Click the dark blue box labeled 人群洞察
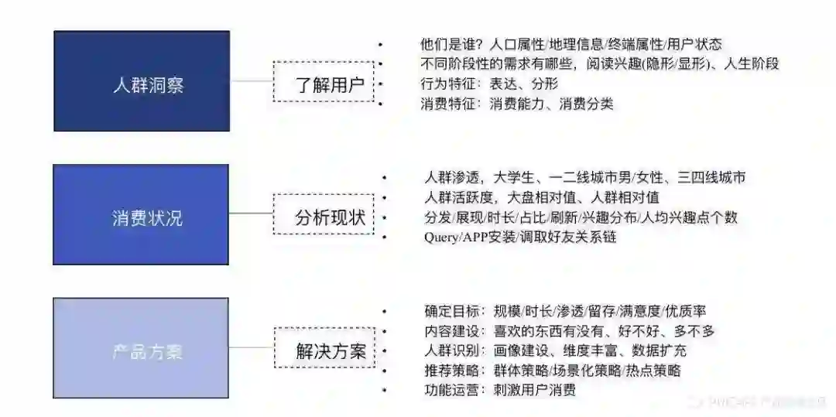coord(142,81)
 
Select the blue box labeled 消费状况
coord(141,214)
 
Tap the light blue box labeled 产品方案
coord(141,348)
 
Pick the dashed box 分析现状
coord(324,214)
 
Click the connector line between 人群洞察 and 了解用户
coord(252,81)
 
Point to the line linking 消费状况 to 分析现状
coord(252,214)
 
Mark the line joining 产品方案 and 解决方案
coord(252,348)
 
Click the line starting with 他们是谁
coord(570,45)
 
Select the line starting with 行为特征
coord(488,84)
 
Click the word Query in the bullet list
coord(441,238)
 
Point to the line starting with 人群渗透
coord(585,178)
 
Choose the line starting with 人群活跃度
coord(542,197)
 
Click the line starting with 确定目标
coord(565,311)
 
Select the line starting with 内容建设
coord(569,331)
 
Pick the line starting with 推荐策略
coord(553,371)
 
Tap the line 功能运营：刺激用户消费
coord(500,390)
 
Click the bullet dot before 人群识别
coord(384,351)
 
